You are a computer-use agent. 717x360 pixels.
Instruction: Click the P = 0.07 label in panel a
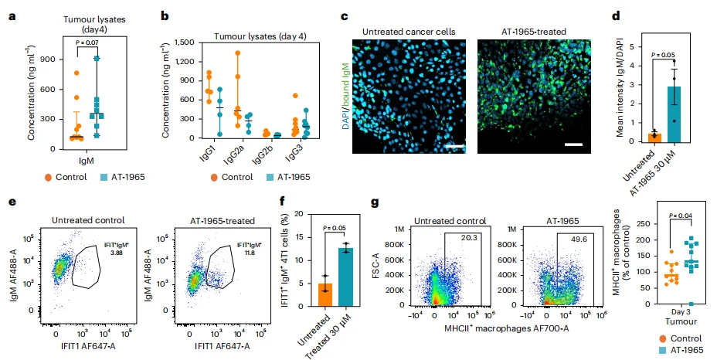pos(88,42)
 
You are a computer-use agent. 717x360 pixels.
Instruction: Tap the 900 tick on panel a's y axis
pos(49,59)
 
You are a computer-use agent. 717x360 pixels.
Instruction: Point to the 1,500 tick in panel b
pos(185,42)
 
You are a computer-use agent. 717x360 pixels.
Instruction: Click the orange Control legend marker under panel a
pos(48,178)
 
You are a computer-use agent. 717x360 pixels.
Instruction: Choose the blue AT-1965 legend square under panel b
pos(270,177)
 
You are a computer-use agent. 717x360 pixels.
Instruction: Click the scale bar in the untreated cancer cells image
pos(454,147)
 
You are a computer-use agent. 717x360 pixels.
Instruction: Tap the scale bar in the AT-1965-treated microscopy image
pos(573,144)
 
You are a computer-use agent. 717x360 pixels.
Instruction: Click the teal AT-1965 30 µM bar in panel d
pos(674,114)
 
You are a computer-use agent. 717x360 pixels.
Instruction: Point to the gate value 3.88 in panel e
pos(117,252)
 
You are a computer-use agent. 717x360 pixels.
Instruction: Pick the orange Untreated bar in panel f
pos(325,294)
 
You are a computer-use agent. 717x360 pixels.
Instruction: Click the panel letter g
pos(375,202)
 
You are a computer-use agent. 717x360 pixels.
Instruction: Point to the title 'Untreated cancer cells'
pos(409,32)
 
